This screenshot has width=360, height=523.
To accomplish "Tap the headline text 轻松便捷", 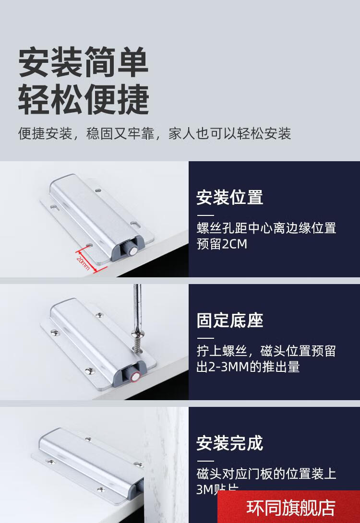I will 84,99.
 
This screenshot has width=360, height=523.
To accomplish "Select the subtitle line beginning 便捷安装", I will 155,133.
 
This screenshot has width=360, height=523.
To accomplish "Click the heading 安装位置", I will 229,197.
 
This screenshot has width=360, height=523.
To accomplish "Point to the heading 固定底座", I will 229,321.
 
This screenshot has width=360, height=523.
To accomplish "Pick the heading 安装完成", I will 229,443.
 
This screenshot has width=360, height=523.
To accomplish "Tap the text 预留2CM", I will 222,244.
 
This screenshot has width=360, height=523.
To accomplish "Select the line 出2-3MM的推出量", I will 248,367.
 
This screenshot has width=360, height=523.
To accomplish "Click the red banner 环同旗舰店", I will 290,508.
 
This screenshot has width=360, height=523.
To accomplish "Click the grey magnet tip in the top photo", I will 131,250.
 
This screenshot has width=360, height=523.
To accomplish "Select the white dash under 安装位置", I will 205,215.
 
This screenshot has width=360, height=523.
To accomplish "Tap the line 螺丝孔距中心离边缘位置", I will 266,228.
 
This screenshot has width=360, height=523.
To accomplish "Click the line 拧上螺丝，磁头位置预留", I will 266,351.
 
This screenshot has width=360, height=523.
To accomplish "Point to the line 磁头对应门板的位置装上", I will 266,474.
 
